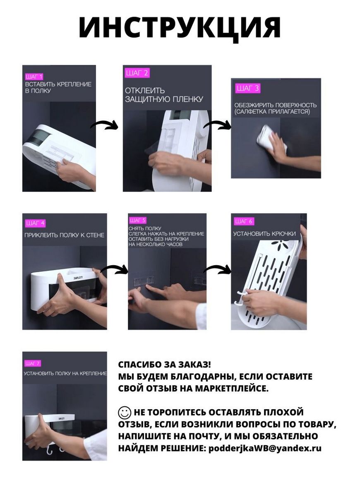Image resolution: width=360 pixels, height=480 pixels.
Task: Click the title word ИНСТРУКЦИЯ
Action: click(180, 27)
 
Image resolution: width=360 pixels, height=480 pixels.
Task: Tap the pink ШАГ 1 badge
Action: click(34, 76)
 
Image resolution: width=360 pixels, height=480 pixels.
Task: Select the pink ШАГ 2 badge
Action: click(137, 73)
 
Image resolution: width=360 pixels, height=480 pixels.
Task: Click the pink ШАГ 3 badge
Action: click(248, 88)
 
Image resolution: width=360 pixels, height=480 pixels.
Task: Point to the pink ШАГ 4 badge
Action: click(35, 223)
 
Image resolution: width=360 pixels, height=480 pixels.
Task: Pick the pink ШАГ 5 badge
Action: click(137, 221)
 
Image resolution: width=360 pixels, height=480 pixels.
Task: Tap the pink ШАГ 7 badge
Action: click(32, 363)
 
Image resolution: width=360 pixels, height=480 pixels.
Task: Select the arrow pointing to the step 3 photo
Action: click(218, 124)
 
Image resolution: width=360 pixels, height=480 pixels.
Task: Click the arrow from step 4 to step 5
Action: click(114, 269)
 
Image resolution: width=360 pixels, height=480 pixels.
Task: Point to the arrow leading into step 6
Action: click(217, 269)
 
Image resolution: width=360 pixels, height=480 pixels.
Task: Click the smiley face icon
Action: click(125, 413)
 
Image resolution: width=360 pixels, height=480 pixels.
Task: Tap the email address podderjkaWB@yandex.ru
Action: click(265, 448)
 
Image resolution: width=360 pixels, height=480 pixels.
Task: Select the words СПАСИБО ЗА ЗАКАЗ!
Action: click(165, 365)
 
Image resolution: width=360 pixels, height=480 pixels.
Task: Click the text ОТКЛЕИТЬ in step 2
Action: click(145, 91)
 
